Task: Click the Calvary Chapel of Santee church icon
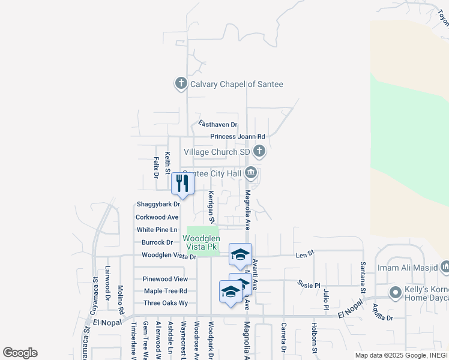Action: (181, 84)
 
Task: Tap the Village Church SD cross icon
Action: (259, 151)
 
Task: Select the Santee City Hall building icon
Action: (251, 173)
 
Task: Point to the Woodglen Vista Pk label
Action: (202, 242)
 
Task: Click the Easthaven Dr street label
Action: (218, 125)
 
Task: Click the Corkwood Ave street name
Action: (157, 217)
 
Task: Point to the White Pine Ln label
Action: (157, 230)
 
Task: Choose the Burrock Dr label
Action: (157, 242)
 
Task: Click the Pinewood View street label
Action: (165, 279)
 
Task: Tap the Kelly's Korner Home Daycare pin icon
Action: (395, 293)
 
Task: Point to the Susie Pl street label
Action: (309, 283)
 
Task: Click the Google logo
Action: (20, 353)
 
